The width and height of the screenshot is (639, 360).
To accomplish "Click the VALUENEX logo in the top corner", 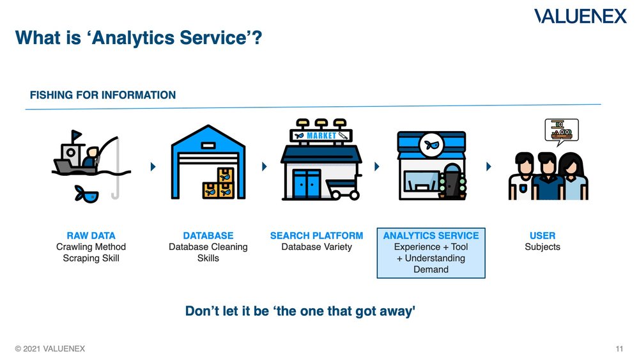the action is click(x=580, y=16).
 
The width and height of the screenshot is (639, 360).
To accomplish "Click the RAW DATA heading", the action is click(x=91, y=235).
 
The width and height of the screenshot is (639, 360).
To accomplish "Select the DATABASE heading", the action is click(x=208, y=235).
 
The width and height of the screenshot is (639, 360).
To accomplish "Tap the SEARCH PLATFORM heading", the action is click(x=316, y=235).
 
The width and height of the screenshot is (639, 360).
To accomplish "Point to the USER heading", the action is click(x=543, y=235).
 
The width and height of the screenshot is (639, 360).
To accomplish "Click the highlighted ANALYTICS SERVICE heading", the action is click(x=431, y=235).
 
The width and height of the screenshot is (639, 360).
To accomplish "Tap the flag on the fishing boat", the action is click(x=76, y=135).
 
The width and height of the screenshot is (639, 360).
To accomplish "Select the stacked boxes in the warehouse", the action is click(x=219, y=184).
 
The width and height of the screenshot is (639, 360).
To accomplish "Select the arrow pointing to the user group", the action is click(x=489, y=167).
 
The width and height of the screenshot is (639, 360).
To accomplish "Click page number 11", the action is click(x=619, y=348).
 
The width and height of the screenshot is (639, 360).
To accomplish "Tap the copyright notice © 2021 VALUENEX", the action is click(x=50, y=348).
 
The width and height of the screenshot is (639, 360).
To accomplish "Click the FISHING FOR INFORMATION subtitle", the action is click(x=102, y=95).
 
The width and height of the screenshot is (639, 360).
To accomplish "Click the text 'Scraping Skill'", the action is click(x=91, y=258).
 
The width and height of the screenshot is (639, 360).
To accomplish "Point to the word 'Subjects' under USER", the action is click(x=543, y=247).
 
